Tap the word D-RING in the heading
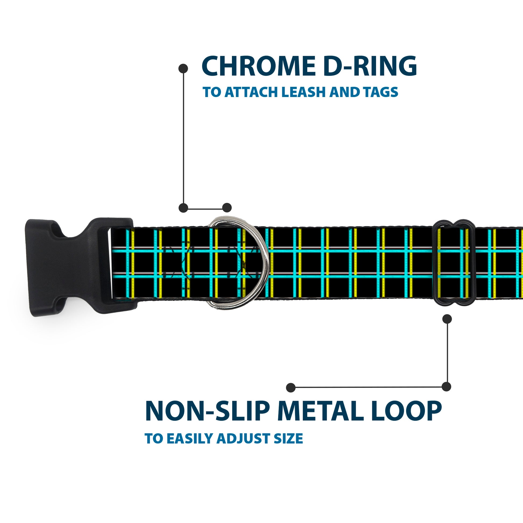pyautogui.click(x=370, y=66)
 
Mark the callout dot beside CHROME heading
pyautogui.click(x=183, y=69)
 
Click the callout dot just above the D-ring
pyautogui.click(x=227, y=208)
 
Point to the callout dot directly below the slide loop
pyautogui.click(x=447, y=319)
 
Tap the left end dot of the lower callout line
pyautogui.click(x=291, y=387)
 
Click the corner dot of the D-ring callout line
pyautogui.click(x=183, y=208)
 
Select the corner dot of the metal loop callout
pyautogui.click(x=446, y=386)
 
